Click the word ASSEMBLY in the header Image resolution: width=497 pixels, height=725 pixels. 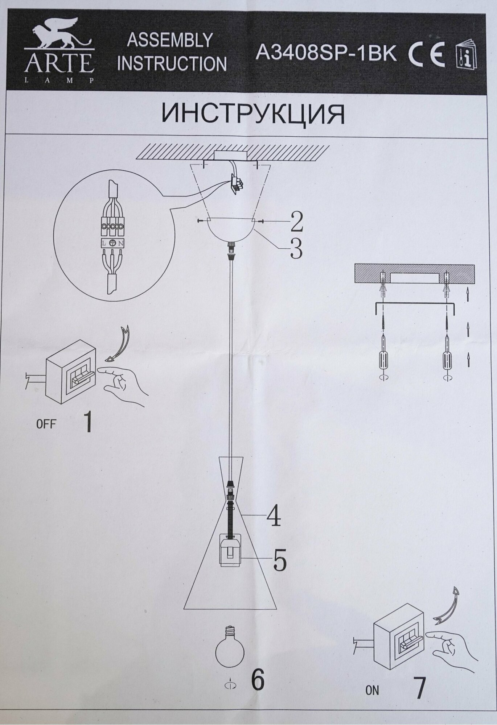pyautogui.click(x=169, y=40)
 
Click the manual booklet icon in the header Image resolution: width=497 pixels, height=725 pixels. pyautogui.click(x=466, y=56)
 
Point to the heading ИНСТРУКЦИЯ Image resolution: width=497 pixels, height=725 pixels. pyautogui.click(x=253, y=114)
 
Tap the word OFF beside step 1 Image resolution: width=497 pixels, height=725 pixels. pyautogui.click(x=46, y=424)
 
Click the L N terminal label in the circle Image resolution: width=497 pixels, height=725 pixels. pyautogui.click(x=112, y=243)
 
